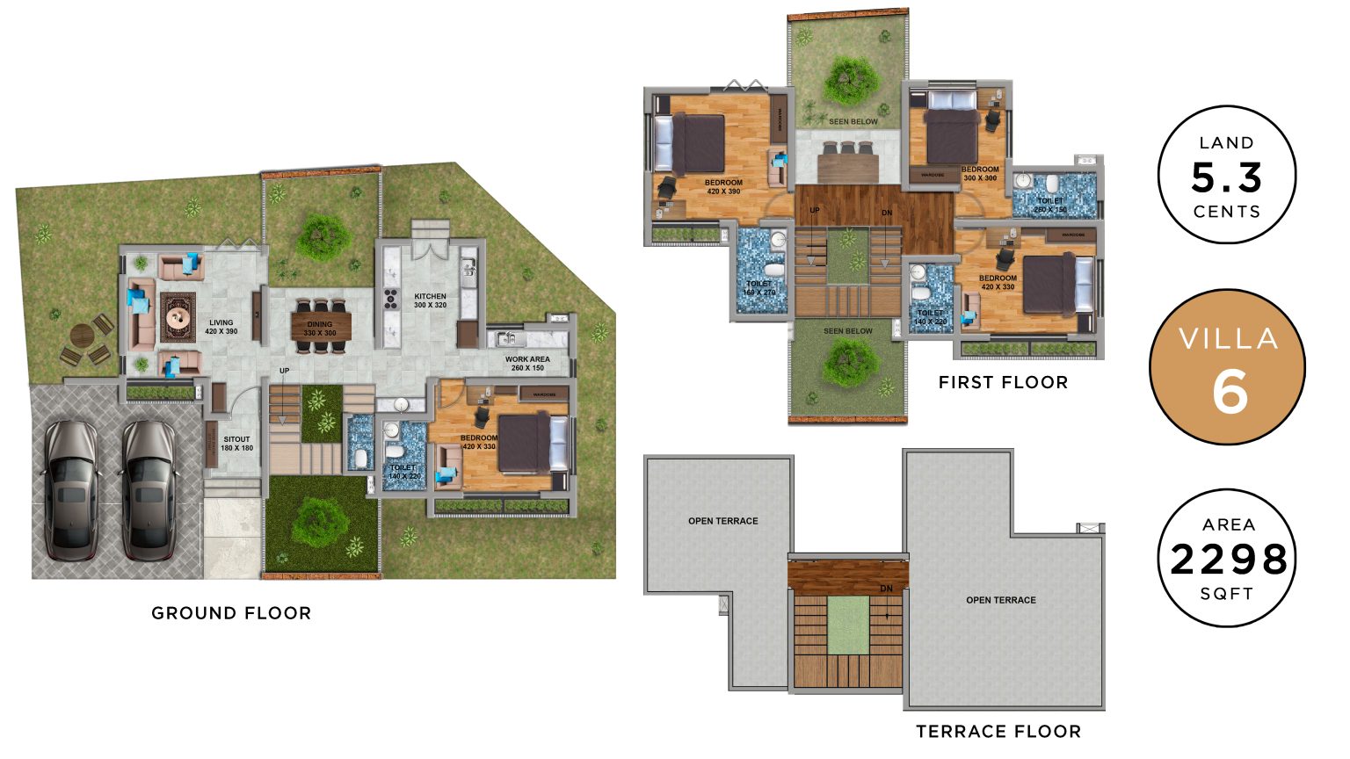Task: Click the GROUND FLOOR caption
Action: click(x=231, y=613)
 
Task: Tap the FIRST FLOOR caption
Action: click(x=1003, y=382)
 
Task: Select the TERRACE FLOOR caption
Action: click(x=998, y=731)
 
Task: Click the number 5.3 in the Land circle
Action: click(x=1227, y=178)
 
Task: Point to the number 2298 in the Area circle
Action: click(x=1229, y=560)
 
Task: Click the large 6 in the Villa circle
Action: click(x=1230, y=392)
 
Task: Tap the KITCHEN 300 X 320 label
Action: click(x=430, y=300)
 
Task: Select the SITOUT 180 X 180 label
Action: click(x=236, y=444)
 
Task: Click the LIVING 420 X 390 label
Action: click(x=221, y=327)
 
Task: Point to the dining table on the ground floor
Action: click(x=321, y=325)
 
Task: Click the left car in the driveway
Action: click(x=71, y=489)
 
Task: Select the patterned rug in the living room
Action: click(x=178, y=317)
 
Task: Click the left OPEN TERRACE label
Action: click(x=722, y=521)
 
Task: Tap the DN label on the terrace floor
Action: click(x=886, y=589)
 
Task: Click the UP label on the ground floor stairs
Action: click(x=285, y=371)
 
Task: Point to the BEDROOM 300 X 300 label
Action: click(x=980, y=173)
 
